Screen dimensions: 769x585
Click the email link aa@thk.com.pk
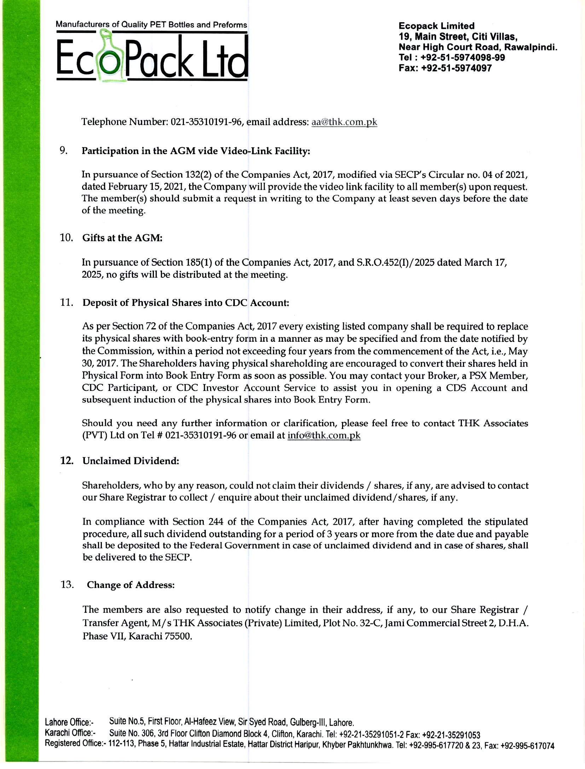(344, 122)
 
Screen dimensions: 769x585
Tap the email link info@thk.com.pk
(324, 435)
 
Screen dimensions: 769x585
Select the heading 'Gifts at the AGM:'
(122, 238)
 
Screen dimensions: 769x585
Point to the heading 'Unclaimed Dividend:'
(131, 461)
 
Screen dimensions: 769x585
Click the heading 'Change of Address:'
(131, 585)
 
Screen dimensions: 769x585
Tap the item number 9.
(64, 151)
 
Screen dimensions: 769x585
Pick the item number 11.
(66, 303)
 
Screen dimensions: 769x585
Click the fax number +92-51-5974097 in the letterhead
(456, 68)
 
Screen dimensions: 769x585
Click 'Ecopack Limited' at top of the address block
(436, 26)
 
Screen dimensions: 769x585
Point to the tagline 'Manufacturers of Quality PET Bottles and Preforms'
(151, 25)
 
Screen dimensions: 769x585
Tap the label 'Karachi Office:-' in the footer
(71, 733)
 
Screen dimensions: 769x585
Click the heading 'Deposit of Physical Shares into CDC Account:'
(186, 303)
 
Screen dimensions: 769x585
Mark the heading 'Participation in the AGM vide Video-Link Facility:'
(196, 151)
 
